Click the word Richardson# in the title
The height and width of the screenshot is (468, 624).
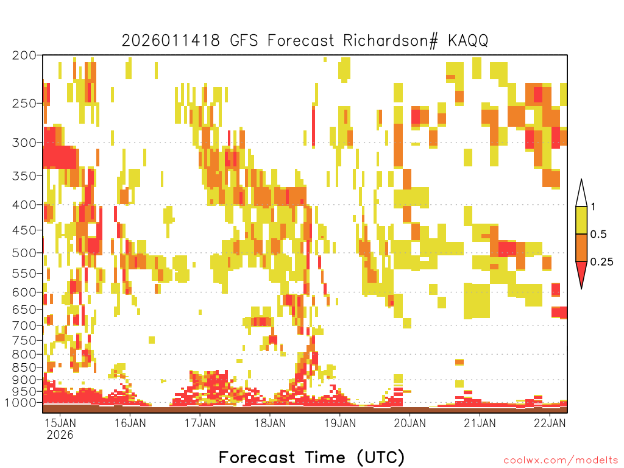tap(391, 40)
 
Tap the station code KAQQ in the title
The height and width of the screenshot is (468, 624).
tap(468, 40)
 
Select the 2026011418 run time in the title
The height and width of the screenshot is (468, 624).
tap(171, 40)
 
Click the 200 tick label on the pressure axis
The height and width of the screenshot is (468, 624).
tap(24, 55)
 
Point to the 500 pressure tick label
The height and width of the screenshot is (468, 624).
tap(24, 253)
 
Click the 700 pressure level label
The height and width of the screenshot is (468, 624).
tap(24, 325)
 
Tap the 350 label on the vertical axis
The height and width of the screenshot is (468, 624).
tap(24, 175)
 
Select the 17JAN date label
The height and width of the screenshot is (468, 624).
tap(200, 423)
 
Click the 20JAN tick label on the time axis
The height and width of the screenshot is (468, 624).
tap(410, 423)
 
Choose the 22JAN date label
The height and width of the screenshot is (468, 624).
tap(550, 423)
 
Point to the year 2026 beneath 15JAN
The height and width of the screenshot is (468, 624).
tap(60, 434)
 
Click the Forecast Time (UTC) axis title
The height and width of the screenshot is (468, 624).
tap(311, 457)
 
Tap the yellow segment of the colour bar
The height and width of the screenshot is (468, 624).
tap(581, 220)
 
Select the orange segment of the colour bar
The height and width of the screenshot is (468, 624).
tap(581, 247)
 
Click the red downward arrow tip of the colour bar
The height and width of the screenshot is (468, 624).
tap(581, 288)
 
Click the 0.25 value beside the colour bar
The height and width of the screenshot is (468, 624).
tap(601, 261)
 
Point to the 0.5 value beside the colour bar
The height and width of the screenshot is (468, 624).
tap(598, 234)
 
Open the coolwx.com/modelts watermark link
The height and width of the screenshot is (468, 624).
tap(561, 461)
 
